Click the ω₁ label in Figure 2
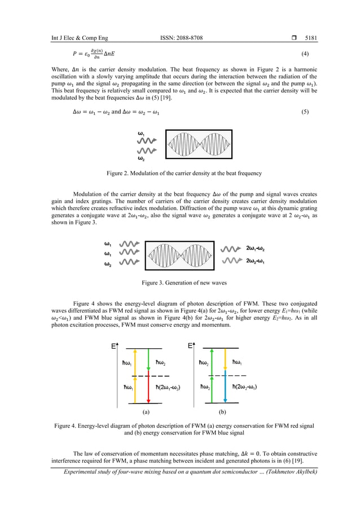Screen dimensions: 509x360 click(x=142, y=133)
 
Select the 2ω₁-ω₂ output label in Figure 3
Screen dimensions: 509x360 click(x=261, y=248)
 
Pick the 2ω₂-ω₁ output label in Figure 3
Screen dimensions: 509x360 click(x=261, y=261)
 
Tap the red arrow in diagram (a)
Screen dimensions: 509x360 click(x=147, y=390)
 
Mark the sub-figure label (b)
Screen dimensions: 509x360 click(x=222, y=413)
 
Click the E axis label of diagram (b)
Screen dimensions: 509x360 click(x=190, y=346)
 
